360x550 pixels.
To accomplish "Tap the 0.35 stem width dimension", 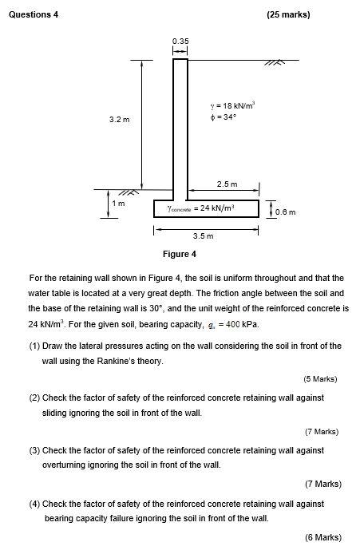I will click(180, 41).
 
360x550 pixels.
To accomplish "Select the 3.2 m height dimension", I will click(120, 120).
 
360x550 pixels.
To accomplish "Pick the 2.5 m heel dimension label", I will click(227, 183).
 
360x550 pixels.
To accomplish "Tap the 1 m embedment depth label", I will click(121, 204).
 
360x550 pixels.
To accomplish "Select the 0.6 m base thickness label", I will click(285, 212).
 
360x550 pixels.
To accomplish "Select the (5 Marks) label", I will click(321, 378).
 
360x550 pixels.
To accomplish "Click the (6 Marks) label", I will click(322, 536).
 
